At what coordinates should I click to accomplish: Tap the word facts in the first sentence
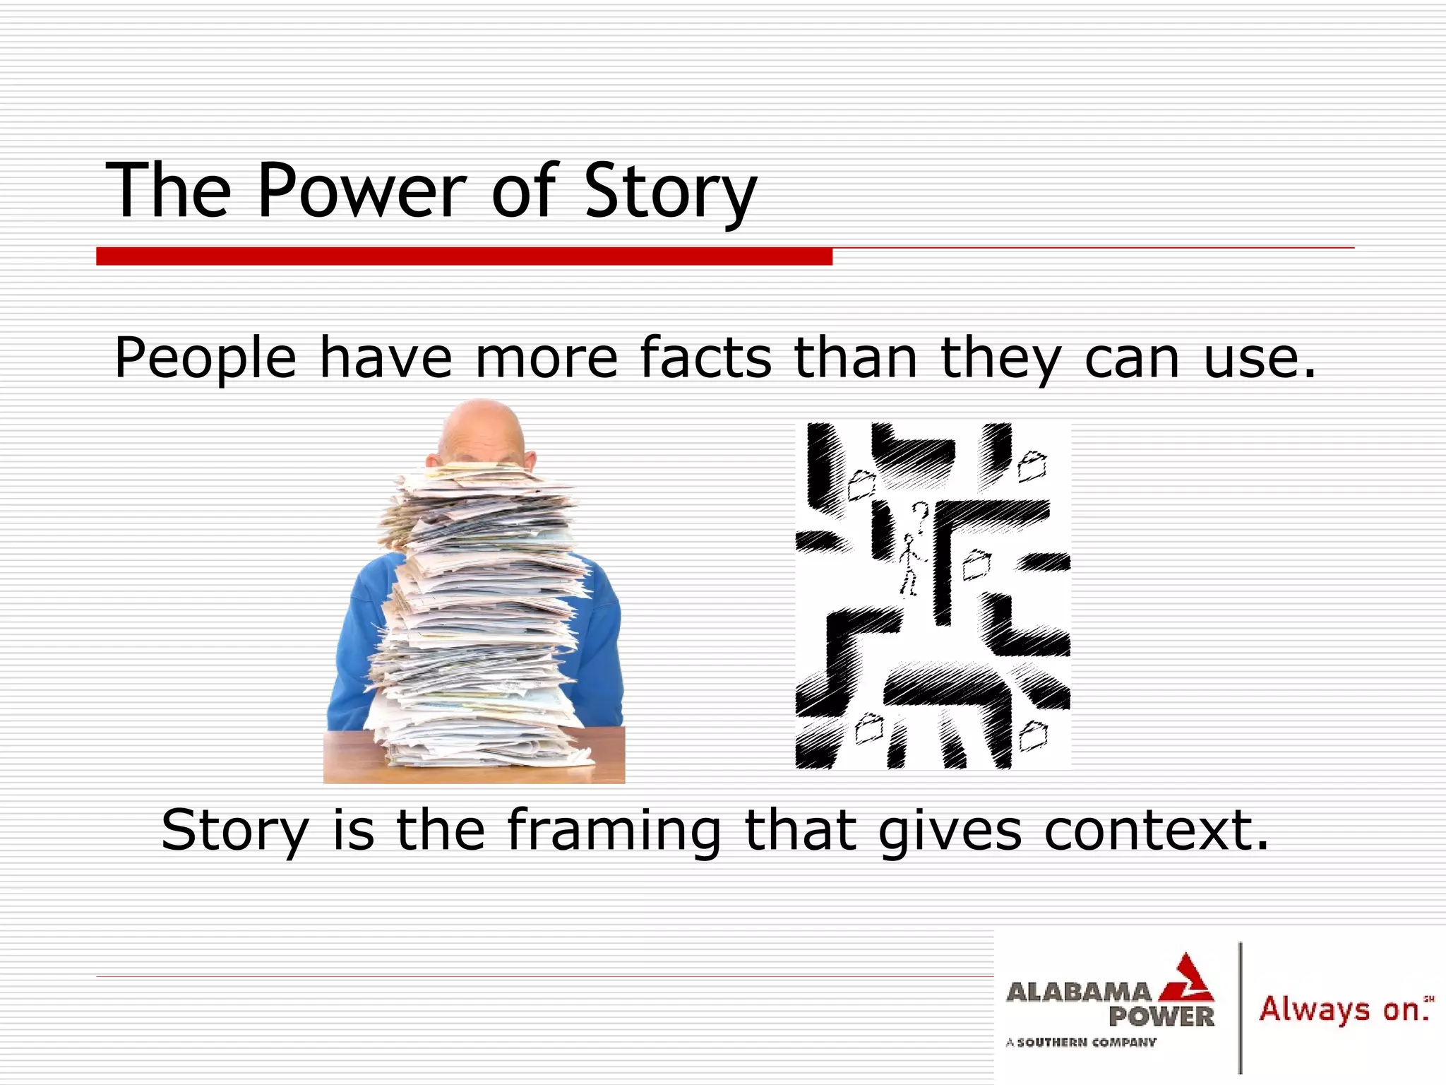click(705, 358)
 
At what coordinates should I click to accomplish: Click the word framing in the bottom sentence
click(614, 831)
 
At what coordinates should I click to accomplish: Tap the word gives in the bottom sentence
click(950, 831)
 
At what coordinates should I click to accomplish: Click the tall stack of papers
click(480, 622)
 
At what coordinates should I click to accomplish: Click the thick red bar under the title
click(464, 256)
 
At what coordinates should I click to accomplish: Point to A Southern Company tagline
click(1081, 1042)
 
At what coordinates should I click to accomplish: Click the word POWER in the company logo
click(1161, 1017)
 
